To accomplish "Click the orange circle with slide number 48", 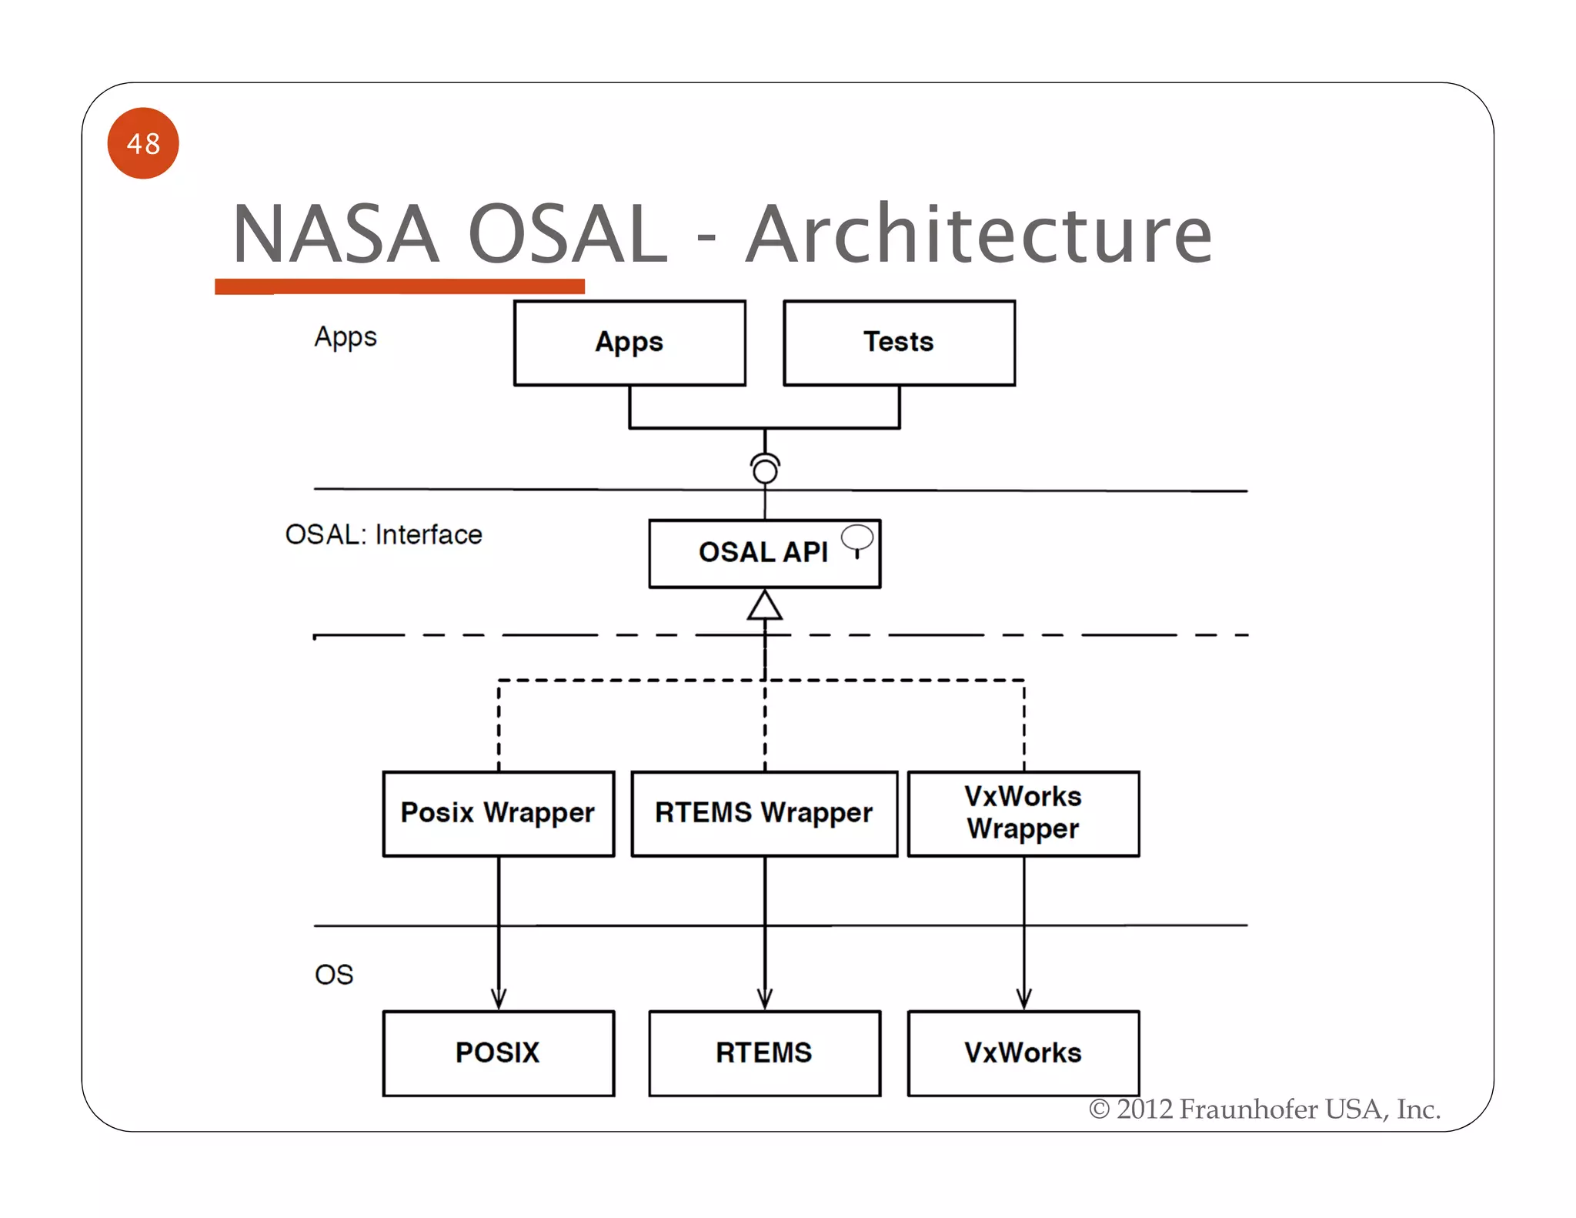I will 143,143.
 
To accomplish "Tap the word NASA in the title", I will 336,234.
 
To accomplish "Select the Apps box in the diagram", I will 629,343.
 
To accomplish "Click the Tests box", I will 899,343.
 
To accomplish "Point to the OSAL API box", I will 763,554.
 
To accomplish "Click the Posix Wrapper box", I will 498,813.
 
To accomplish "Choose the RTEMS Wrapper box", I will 764,813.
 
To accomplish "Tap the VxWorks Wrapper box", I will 1023,813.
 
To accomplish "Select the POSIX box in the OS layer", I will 498,1052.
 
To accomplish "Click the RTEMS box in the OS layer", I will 764,1052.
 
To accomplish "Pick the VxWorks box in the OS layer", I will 1023,1052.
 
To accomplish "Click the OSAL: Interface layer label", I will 383,534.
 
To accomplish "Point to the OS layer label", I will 334,975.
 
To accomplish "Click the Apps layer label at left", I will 346,337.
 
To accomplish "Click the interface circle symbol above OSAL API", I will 765,469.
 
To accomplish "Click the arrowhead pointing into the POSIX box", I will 499,999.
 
